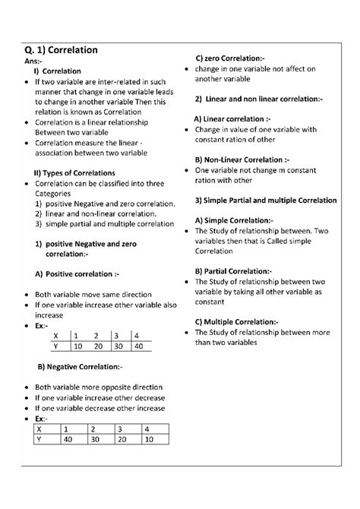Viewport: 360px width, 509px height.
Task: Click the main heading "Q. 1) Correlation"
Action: [60, 50]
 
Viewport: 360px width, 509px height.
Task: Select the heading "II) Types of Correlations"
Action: [74, 173]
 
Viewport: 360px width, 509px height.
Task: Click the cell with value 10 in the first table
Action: [78, 346]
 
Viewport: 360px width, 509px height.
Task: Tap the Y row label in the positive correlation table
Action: [55, 346]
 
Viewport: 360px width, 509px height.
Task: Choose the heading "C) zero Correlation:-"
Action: [230, 58]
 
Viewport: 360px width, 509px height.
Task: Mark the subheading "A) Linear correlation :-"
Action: [232, 119]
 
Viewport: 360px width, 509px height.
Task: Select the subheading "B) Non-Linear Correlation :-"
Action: [242, 160]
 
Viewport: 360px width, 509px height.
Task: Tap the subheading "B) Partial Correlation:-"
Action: [233, 270]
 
